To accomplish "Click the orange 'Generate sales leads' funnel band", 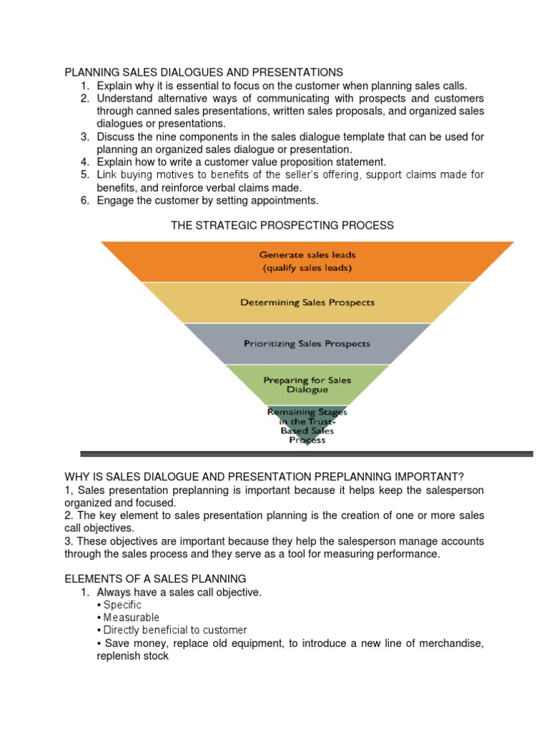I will (307, 261).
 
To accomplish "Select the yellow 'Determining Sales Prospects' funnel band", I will (307, 302).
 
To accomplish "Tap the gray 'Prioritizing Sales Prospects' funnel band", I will (307, 344).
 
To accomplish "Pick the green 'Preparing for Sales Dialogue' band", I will (307, 385).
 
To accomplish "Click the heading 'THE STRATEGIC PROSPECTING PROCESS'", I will (282, 225).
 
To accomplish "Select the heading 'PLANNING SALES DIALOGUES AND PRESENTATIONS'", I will (204, 72).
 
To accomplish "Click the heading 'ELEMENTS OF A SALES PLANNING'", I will (155, 578).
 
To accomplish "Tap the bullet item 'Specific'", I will (122, 605).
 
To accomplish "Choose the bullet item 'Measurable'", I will (131, 618).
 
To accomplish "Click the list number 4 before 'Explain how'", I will (84, 162).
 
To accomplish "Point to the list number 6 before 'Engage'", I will (84, 200).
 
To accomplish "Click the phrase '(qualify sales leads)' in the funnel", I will (307, 268).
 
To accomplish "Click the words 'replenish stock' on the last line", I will (132, 656).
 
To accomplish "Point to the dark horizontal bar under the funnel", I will (307, 454).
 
